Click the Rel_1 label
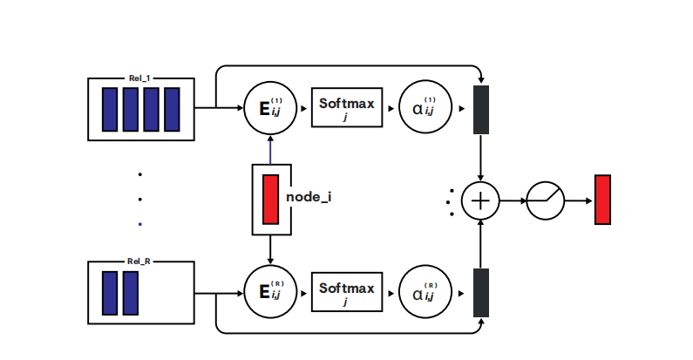140,78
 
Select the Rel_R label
140,261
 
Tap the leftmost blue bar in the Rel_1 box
110,109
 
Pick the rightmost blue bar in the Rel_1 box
171,109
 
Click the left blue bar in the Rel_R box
110,292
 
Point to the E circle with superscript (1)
271,109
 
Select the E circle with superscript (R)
271,291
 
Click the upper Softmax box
346,109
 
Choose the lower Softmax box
346,291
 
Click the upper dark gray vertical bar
481,110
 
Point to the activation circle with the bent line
545,200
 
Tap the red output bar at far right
602,200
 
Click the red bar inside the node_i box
270,199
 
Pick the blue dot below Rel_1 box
139,224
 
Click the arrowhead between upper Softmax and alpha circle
391,109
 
